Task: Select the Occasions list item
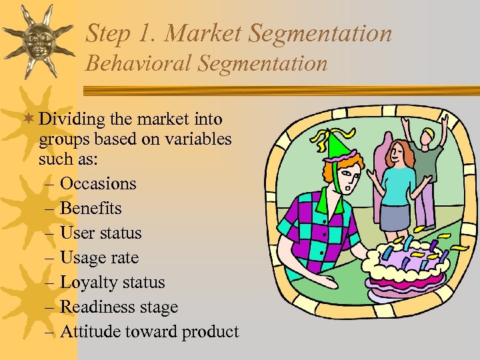point(98,183)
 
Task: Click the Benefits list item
point(91,208)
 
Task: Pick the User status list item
point(101,233)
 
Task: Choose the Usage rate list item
point(99,257)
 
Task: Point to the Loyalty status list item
point(112,282)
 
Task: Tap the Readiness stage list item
point(119,307)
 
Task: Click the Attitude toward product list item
point(149,331)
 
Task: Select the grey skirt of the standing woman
point(395,217)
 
